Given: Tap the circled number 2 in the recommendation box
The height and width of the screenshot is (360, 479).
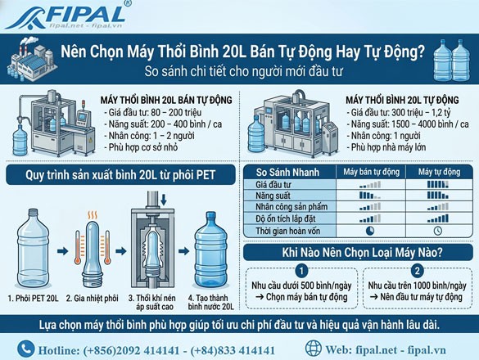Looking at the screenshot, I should pos(417,271).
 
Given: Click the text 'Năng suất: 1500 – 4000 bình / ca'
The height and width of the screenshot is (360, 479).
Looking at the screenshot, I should pos(400,120).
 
